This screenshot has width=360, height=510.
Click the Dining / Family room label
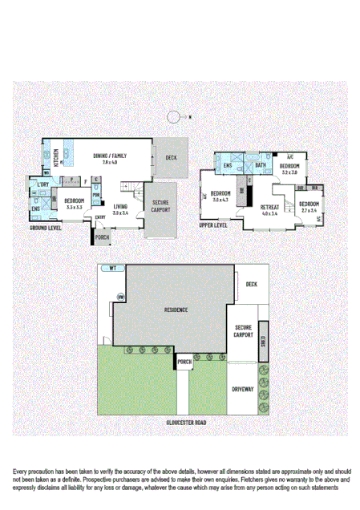click(111, 156)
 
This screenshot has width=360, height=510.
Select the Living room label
click(120, 209)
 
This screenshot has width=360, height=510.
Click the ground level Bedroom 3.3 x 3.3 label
click(75, 204)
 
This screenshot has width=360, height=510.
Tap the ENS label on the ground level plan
click(36, 209)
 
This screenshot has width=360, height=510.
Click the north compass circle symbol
click(173, 117)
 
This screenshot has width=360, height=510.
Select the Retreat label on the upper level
click(269, 210)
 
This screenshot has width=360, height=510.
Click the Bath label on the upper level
click(261, 166)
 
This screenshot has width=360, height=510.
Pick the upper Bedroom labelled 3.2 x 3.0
click(289, 168)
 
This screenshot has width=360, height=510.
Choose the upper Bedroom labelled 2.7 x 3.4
click(309, 207)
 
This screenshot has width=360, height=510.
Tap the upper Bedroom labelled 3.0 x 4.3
click(221, 196)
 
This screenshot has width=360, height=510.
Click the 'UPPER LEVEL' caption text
click(213, 225)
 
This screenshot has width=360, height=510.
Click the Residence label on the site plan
click(176, 309)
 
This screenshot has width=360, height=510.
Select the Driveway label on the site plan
click(243, 389)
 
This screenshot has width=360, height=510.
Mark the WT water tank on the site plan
click(113, 269)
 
